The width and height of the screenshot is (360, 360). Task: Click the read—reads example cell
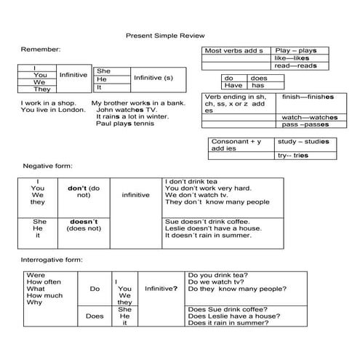click(x=292, y=66)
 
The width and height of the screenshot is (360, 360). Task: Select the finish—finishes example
click(x=308, y=97)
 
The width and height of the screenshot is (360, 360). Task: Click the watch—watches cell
click(x=308, y=117)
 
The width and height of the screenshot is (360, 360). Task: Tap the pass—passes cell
click(x=308, y=125)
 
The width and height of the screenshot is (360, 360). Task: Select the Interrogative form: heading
click(x=52, y=260)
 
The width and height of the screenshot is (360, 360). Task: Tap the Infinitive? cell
click(x=161, y=289)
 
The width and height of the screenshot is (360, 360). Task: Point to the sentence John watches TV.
click(x=126, y=110)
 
